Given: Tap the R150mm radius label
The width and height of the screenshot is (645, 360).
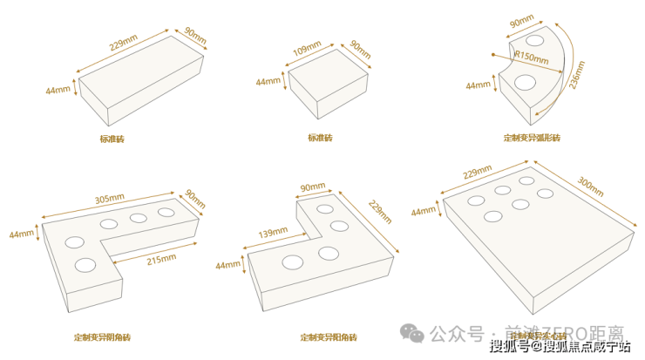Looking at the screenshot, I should (532, 59).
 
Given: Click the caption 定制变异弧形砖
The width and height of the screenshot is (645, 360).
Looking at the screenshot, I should (531, 138).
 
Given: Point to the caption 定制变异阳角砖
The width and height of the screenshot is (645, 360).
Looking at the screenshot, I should (329, 336).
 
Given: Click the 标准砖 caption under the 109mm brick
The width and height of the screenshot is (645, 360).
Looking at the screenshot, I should (320, 138).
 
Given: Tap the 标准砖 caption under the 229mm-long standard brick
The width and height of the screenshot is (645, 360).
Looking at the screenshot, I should (112, 139).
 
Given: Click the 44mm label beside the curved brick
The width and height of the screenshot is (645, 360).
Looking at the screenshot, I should (478, 85).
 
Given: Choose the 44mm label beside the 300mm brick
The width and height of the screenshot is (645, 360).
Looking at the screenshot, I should (424, 212).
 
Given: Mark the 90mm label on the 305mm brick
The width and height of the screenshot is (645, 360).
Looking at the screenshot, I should (195, 199).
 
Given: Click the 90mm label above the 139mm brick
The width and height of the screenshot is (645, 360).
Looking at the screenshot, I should (311, 187).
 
